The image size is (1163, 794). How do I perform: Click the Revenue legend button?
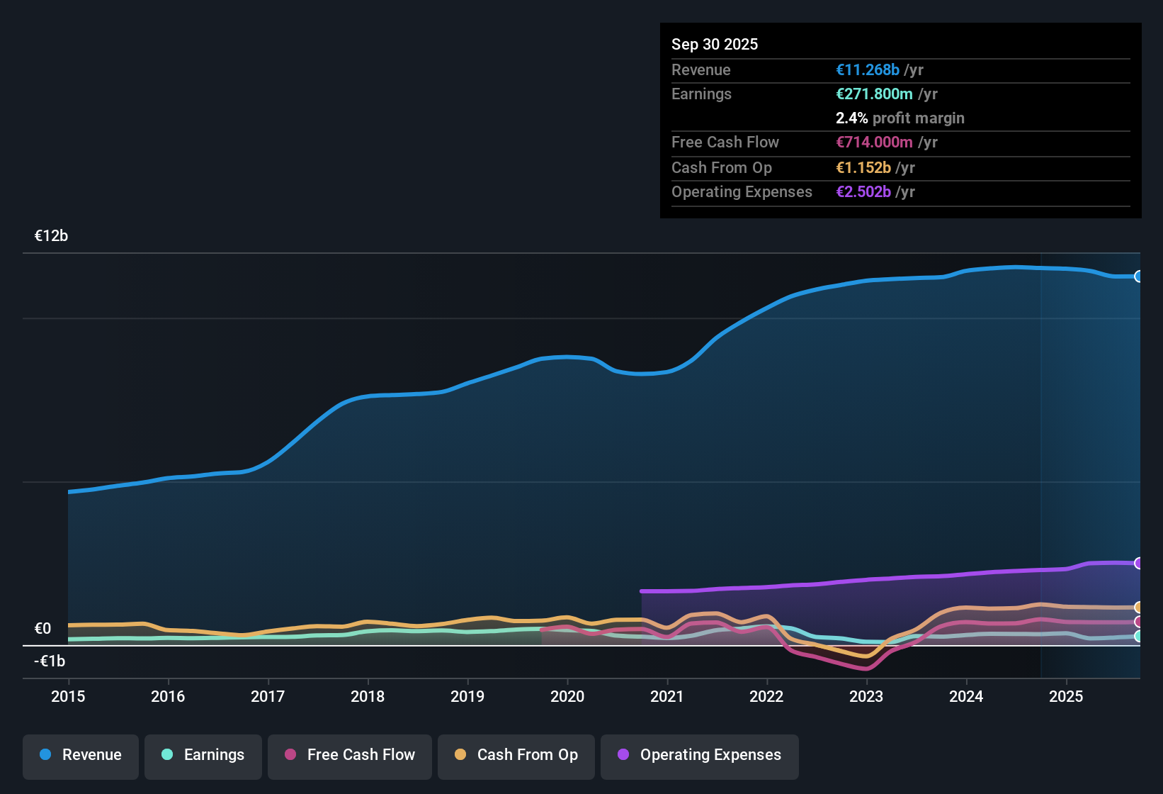[81, 755]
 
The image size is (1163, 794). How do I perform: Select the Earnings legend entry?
[203, 755]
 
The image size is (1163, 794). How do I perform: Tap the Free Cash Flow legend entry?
[350, 755]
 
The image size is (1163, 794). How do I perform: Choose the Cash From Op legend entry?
[516, 755]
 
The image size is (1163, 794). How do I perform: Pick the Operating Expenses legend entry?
[700, 755]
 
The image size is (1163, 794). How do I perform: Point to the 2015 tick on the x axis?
[68, 696]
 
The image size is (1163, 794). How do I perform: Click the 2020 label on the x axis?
[567, 696]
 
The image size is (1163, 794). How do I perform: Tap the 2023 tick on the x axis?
[866, 696]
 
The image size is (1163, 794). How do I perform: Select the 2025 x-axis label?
[1066, 696]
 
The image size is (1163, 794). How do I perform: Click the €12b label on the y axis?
[51, 236]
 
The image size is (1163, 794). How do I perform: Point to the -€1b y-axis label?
[50, 661]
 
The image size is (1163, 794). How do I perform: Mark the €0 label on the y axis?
[42, 628]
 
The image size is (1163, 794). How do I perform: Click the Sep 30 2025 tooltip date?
[715, 44]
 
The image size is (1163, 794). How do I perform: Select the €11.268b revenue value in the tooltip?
[868, 69]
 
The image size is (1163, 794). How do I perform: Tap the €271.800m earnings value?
[874, 94]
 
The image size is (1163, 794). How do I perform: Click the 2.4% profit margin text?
[900, 118]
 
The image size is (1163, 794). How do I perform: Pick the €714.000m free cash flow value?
[874, 142]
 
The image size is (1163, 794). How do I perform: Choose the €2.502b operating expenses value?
[863, 191]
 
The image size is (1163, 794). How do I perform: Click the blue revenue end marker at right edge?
[1138, 276]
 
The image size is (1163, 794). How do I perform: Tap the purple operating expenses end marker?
[1138, 563]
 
